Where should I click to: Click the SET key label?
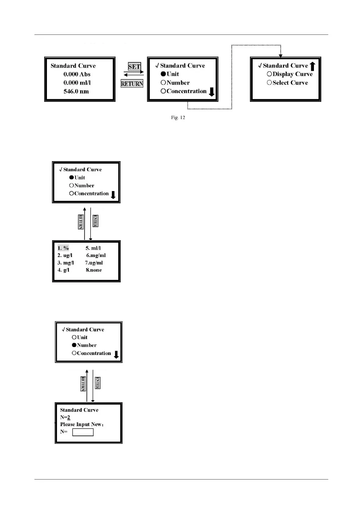[134, 67]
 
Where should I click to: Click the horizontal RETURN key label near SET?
[132, 84]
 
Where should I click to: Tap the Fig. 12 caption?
[178, 118]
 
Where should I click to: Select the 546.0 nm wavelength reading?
[76, 91]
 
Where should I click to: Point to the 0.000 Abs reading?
[77, 74]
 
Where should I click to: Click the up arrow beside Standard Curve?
[312, 66]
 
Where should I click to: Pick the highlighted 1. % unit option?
[63, 248]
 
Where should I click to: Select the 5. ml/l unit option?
[93, 248]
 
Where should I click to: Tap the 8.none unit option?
[94, 270]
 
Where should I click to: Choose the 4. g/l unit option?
[63, 270]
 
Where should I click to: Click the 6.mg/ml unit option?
[96, 255]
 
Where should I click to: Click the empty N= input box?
[83, 432]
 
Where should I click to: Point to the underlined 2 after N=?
[69, 418]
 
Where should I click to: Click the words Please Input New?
[81, 425]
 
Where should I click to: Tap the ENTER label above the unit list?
[95, 221]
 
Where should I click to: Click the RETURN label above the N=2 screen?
[83, 384]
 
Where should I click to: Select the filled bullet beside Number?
[74, 345]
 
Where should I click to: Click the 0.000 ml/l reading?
[77, 83]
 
